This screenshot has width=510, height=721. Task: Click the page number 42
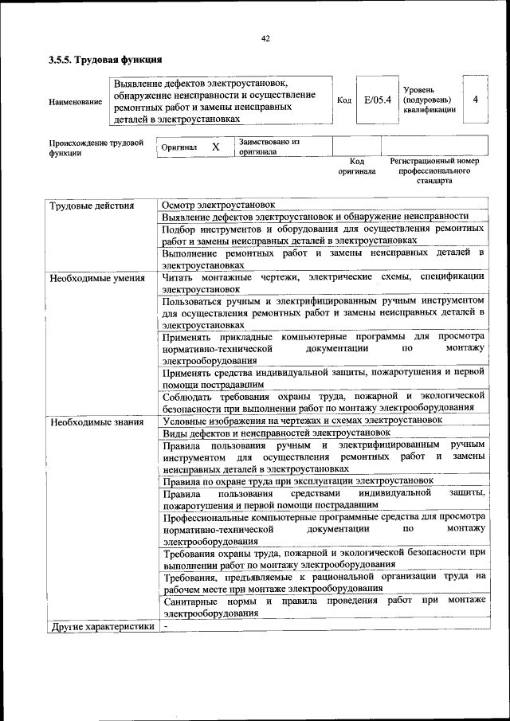pos(265,37)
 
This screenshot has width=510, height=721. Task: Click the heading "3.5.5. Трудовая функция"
pos(105,60)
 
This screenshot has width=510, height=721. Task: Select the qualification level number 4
pos(475,100)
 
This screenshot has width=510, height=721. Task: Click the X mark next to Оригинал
pos(215,147)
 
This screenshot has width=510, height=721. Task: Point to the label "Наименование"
pos(75,101)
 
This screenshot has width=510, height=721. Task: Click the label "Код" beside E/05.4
pos(343,100)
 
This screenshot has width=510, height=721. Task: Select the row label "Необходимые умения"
pos(96,278)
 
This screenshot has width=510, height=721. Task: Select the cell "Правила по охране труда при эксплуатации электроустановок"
pos(298,481)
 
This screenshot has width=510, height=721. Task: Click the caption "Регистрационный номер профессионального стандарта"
pos(434,170)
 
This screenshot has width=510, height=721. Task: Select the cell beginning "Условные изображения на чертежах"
pos(302,419)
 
